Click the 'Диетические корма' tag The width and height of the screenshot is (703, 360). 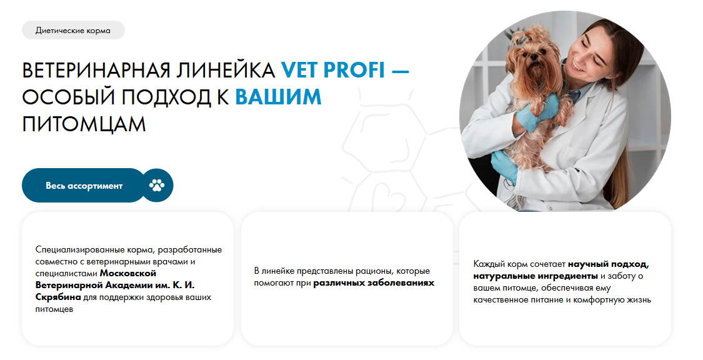(x=73, y=31)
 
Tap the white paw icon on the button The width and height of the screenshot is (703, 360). (x=157, y=185)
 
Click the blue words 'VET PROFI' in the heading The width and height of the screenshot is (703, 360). (x=333, y=70)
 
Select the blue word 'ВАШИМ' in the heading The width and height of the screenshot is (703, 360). (x=279, y=97)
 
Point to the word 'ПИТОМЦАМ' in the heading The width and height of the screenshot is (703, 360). (x=84, y=124)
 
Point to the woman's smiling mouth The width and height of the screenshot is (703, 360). (x=573, y=67)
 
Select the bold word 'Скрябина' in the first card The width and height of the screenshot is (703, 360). (x=58, y=297)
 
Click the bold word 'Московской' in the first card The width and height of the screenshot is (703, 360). (x=127, y=273)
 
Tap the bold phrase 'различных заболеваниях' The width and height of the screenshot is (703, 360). (x=374, y=283)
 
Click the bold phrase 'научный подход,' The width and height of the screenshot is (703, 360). (x=609, y=264)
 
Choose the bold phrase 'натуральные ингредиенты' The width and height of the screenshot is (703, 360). (x=536, y=276)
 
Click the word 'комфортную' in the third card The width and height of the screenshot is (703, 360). (x=601, y=299)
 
